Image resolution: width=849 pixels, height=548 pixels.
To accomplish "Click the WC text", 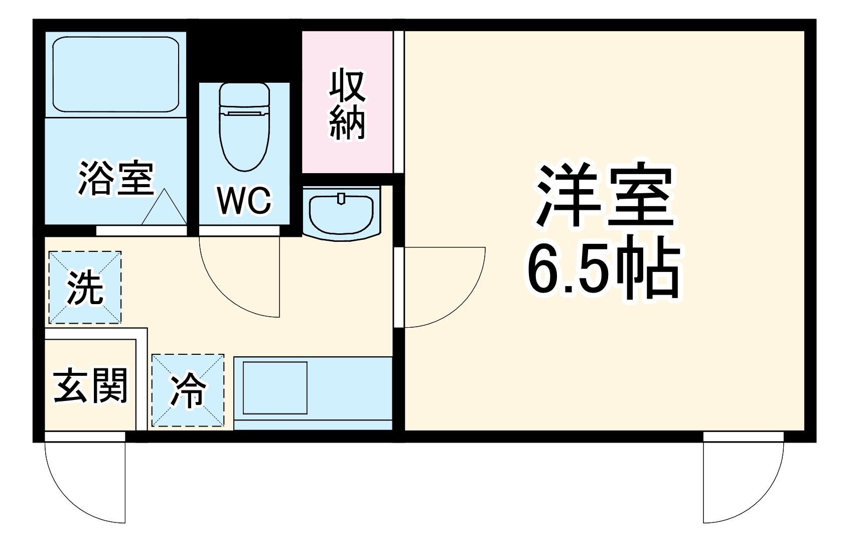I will (x=244, y=200).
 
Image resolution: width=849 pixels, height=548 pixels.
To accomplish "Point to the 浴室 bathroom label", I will (x=115, y=178).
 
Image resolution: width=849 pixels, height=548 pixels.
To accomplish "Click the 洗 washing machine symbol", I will (x=85, y=288).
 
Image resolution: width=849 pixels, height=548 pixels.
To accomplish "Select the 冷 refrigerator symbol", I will (x=188, y=390).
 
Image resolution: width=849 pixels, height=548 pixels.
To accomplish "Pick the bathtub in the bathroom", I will (x=116, y=74).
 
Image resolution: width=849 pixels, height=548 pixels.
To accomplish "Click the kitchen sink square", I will (x=274, y=387).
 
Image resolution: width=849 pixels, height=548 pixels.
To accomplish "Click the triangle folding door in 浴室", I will (x=164, y=209).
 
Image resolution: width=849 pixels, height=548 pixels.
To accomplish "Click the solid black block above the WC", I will (x=244, y=55).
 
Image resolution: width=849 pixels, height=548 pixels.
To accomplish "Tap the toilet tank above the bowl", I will (x=244, y=95).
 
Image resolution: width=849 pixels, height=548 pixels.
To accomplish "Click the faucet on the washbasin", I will (x=341, y=198).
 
